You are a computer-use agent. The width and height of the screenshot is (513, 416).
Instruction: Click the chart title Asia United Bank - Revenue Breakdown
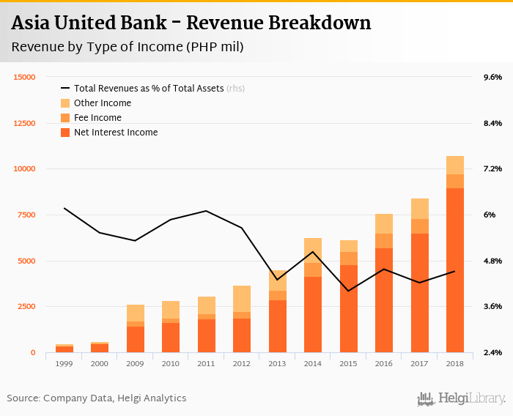click(x=191, y=23)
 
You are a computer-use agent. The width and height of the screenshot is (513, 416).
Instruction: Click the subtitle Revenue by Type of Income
click(x=127, y=48)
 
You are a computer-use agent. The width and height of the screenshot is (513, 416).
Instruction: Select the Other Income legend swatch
click(x=65, y=103)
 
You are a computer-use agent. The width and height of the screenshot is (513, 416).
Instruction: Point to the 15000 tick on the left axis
click(x=25, y=77)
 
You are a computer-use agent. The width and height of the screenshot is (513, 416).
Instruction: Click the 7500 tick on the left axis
click(x=27, y=215)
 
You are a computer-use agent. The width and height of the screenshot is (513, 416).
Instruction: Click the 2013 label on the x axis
click(x=277, y=363)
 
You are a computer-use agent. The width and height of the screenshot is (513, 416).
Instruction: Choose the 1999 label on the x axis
click(x=64, y=363)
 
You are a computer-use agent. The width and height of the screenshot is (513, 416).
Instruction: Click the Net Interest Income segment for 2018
click(x=455, y=271)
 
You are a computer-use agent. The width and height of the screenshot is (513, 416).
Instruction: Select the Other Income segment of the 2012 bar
click(x=242, y=299)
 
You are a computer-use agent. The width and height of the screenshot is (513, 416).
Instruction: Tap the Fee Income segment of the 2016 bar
click(x=384, y=241)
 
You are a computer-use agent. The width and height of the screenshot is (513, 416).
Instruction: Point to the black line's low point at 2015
click(x=348, y=291)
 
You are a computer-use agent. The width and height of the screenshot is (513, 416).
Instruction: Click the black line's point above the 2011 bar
click(x=207, y=211)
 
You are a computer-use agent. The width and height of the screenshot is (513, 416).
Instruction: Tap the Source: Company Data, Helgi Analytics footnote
click(x=97, y=398)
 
